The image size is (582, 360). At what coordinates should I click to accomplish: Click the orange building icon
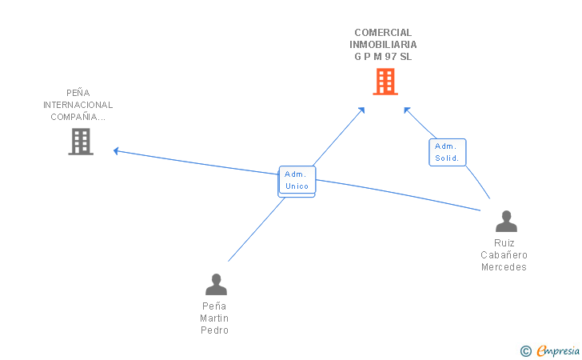pyautogui.click(x=385, y=82)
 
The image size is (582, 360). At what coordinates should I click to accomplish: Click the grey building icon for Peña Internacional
pyautogui.click(x=81, y=142)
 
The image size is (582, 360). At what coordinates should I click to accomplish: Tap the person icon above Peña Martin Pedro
pyautogui.click(x=216, y=285)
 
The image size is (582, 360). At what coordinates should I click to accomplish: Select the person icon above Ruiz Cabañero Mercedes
pyautogui.click(x=506, y=222)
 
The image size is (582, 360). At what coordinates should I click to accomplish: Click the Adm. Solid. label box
pyautogui.click(x=447, y=152)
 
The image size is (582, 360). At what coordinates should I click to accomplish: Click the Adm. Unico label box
pyautogui.click(x=297, y=180)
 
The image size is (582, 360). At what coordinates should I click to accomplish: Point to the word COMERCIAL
pyautogui.click(x=383, y=33)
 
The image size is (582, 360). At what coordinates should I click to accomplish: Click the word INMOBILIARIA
pyautogui.click(x=383, y=45)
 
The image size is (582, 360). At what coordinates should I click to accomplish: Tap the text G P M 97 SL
pyautogui.click(x=383, y=57)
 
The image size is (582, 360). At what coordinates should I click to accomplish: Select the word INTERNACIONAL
pyautogui.click(x=78, y=105)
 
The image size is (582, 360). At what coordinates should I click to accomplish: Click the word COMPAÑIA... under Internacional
pyautogui.click(x=78, y=117)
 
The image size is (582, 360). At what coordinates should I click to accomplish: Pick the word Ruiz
pyautogui.click(x=504, y=243)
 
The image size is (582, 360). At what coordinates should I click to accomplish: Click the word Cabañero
pyautogui.click(x=504, y=255)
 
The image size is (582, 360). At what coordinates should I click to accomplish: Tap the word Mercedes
pyautogui.click(x=504, y=267)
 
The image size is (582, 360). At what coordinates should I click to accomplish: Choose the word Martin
pyautogui.click(x=214, y=318)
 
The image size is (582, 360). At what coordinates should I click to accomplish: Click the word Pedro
pyautogui.click(x=214, y=330)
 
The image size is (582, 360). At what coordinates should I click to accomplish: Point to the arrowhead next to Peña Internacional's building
pyautogui.click(x=116, y=150)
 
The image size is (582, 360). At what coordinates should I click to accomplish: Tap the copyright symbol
pyautogui.click(x=525, y=350)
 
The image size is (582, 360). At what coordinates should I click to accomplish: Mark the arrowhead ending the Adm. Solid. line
pyautogui.click(x=406, y=110)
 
